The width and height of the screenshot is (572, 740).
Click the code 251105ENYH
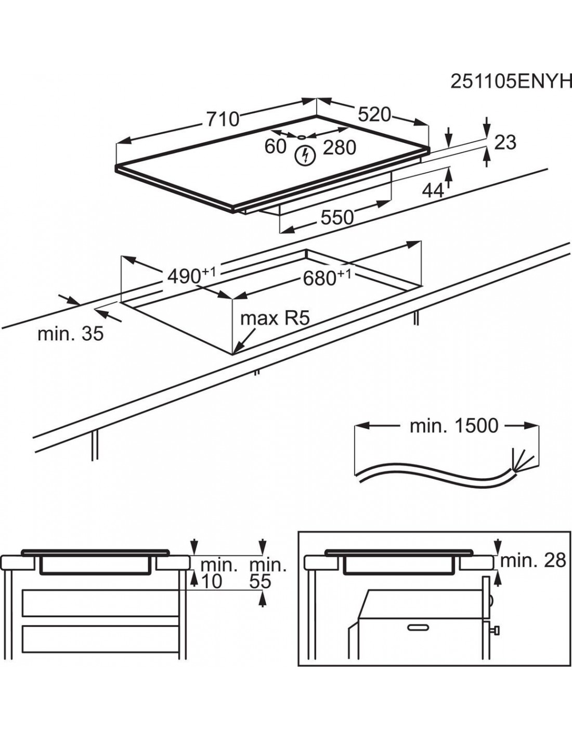point(510,81)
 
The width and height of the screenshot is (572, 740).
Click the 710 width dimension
point(223,119)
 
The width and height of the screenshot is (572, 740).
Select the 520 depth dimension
point(374,114)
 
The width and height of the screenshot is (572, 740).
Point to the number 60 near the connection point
point(275,147)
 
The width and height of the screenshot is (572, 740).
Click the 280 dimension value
point(340,148)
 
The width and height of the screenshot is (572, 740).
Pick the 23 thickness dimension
point(505,142)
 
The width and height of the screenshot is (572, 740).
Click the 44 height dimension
point(433,190)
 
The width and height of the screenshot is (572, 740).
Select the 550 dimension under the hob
point(337,217)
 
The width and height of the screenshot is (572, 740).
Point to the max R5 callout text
point(275,318)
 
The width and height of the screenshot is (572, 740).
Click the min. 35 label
point(70,334)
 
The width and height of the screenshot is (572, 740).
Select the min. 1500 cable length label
point(454,426)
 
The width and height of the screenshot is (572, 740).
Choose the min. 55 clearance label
point(267,573)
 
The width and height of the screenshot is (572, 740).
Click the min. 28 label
point(532,560)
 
